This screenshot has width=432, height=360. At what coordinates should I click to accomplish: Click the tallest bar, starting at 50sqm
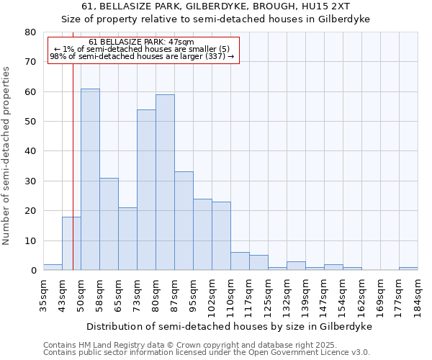pyautogui.click(x=90, y=179)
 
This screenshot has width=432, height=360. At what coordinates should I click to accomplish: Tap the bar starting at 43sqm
pyautogui.click(x=71, y=243)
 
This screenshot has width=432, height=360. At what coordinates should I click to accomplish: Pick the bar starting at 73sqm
pyautogui.click(x=146, y=190)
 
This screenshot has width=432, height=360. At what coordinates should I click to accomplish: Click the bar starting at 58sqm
pyautogui.click(x=109, y=224)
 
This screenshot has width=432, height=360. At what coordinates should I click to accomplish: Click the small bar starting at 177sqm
pyautogui.click(x=408, y=269)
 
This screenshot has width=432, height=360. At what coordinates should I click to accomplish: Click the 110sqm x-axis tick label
pyautogui.click(x=230, y=296)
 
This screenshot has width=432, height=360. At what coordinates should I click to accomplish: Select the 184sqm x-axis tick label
pyautogui.click(x=418, y=296)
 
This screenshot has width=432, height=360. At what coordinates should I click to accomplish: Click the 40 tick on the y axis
pyautogui.click(x=30, y=151)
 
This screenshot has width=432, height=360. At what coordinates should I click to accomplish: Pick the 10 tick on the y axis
pyautogui.click(x=30, y=240)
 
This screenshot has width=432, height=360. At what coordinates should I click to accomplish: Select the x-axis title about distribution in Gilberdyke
pyautogui.click(x=230, y=327)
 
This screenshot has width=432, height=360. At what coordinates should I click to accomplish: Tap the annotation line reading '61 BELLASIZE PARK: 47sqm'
pyautogui.click(x=142, y=42)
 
